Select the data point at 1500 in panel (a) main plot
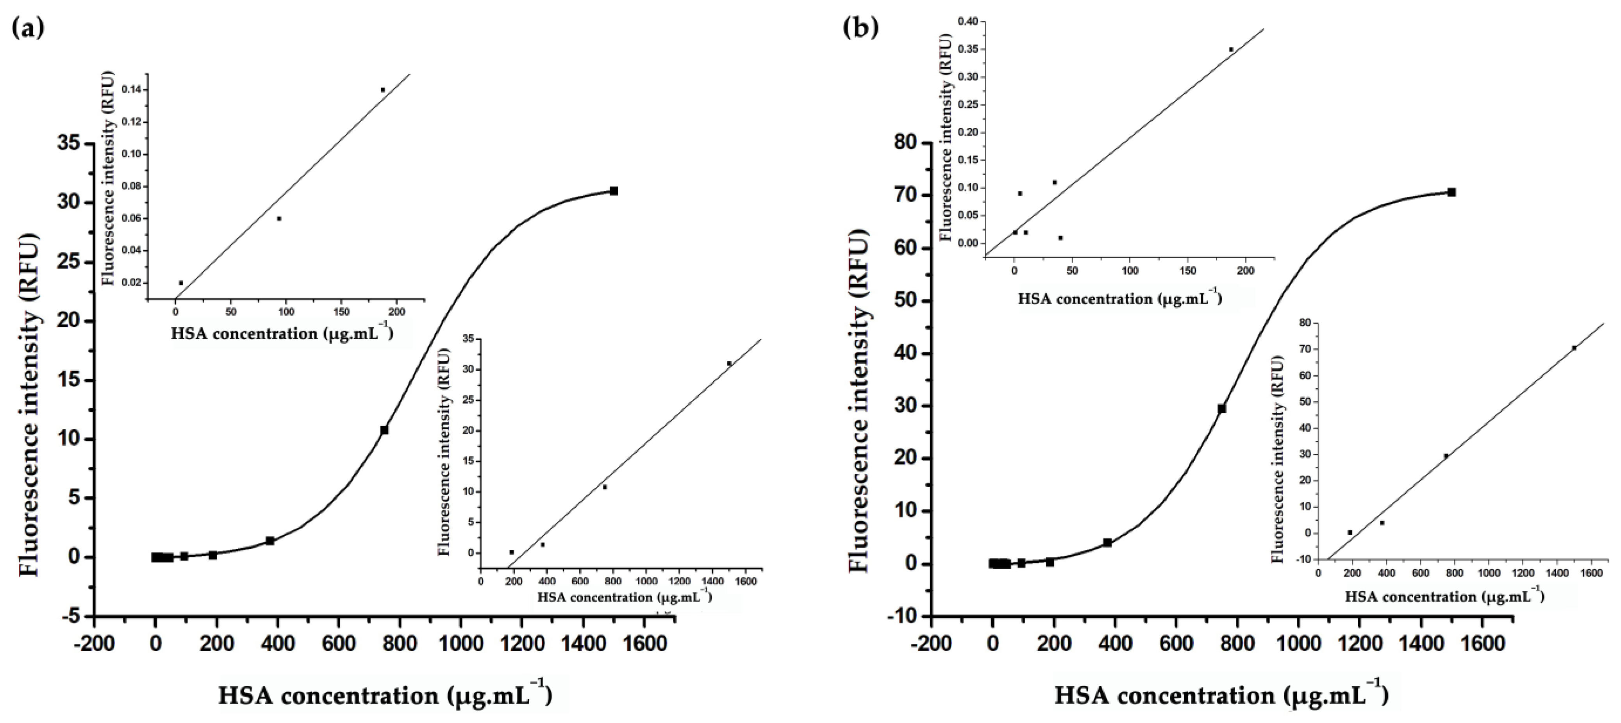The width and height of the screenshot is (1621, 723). click(x=614, y=191)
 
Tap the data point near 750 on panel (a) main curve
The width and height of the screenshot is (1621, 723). click(x=384, y=430)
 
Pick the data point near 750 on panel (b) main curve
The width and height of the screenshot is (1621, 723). click(x=1221, y=409)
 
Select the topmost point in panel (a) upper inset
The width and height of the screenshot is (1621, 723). click(x=383, y=89)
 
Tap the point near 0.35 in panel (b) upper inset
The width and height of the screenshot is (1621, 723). click(x=1231, y=49)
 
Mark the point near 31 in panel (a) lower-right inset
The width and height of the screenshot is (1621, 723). click(x=729, y=364)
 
